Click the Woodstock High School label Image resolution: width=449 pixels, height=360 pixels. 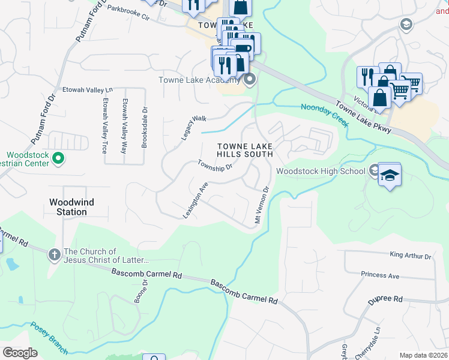pos(321,171)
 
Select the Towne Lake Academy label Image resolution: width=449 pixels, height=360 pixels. pos(198,80)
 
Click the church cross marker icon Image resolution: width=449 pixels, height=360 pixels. pos(55,254)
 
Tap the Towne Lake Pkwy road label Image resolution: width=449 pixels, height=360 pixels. pos(364,117)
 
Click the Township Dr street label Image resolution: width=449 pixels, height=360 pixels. pos(214,165)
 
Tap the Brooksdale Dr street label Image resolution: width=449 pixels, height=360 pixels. pos(145,127)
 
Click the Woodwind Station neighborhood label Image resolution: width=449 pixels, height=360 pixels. pos(71,207)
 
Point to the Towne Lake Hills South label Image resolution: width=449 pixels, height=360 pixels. pos(245,150)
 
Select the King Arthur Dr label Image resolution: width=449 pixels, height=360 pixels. pos(411,256)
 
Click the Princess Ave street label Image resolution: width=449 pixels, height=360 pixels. pos(380,275)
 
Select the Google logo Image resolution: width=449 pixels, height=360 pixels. pos(20,352)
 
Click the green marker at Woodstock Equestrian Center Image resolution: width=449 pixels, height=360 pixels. pos(58,158)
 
